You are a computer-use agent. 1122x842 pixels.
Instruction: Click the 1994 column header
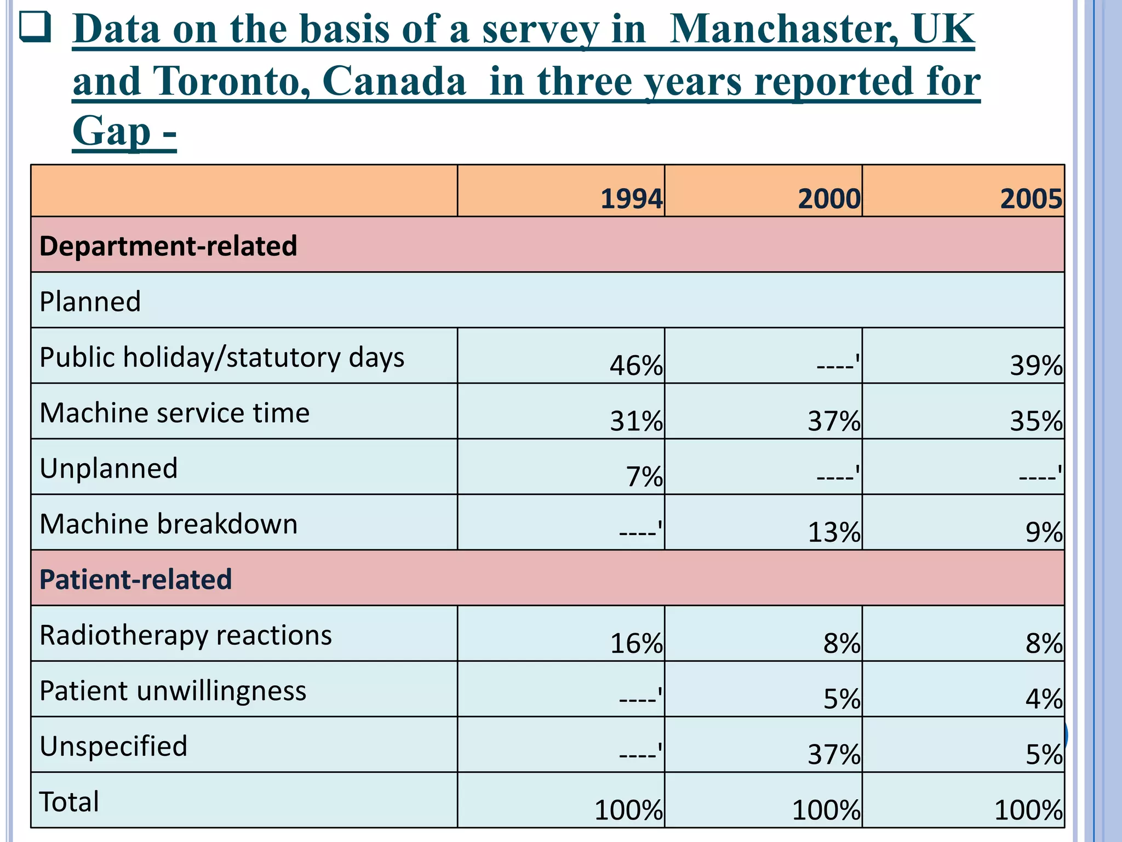pos(631,198)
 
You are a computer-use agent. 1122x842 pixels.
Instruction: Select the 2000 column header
pos(829,198)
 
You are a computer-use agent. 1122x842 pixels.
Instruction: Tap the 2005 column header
pos(1031,198)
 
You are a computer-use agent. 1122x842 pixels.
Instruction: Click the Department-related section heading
pos(168,246)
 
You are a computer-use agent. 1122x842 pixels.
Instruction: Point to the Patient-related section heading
pos(136,579)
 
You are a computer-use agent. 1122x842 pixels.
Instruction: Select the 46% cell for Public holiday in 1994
pos(636,365)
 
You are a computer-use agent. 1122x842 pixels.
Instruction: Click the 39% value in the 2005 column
pos(1036,365)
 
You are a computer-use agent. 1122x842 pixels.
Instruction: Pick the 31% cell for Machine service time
pos(636,421)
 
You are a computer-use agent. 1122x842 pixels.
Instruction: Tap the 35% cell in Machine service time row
pos(1036,421)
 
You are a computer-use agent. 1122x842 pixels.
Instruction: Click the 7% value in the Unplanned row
pos(644,476)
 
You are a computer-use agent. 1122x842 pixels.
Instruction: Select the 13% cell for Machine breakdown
pos(834,532)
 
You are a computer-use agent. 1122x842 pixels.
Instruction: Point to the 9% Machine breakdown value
pos(1044,532)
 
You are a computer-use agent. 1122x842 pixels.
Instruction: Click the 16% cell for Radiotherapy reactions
pos(636,643)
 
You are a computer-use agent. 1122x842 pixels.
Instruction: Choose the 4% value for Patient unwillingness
pos(1044,699)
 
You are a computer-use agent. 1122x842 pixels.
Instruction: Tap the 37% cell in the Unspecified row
pos(834,754)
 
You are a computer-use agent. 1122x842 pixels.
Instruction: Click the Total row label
pos(69,801)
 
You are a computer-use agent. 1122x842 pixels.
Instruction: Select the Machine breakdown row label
pos(169,524)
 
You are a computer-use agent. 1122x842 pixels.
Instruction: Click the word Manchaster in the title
pos(783,29)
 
